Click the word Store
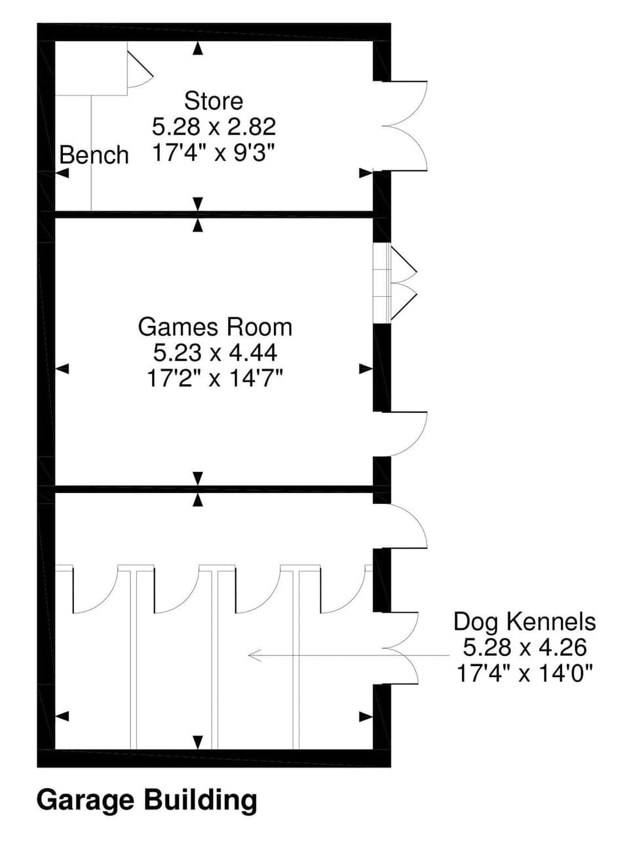click(x=213, y=101)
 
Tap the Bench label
click(x=94, y=155)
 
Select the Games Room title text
click(x=215, y=326)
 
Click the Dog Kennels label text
click(x=524, y=621)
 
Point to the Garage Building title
click(x=147, y=800)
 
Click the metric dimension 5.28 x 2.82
click(x=214, y=127)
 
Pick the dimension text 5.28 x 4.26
click(x=524, y=648)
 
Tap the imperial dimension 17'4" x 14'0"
click(x=524, y=673)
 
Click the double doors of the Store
click(x=406, y=125)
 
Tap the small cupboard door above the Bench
click(x=138, y=69)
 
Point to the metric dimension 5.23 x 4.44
click(x=215, y=353)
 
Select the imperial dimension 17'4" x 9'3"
click(x=214, y=153)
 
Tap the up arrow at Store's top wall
click(x=198, y=47)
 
